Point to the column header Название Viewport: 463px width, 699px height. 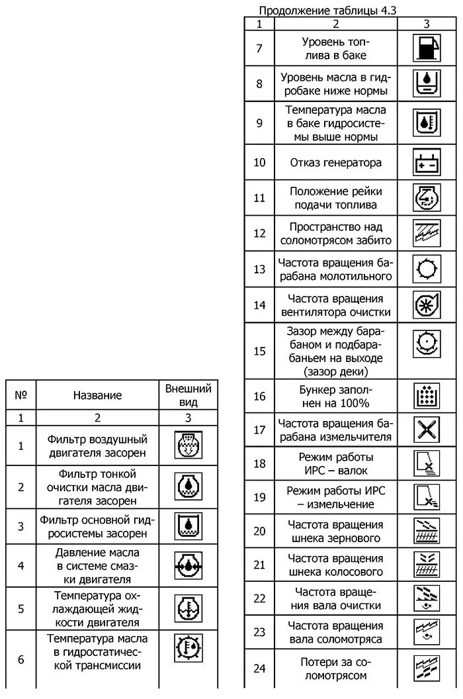point(97,395)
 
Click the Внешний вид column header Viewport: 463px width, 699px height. point(189,395)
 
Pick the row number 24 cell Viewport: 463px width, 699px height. point(259,669)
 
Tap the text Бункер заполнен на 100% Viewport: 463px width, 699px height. point(335,396)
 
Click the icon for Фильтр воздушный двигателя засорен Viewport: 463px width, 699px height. point(188,445)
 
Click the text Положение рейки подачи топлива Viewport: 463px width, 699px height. point(335,197)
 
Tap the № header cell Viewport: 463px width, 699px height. point(21,395)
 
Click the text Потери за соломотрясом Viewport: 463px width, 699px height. point(335,669)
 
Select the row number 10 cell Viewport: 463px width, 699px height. point(259,162)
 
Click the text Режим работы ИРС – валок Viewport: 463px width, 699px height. point(335,463)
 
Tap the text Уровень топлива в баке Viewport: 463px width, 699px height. point(335,48)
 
